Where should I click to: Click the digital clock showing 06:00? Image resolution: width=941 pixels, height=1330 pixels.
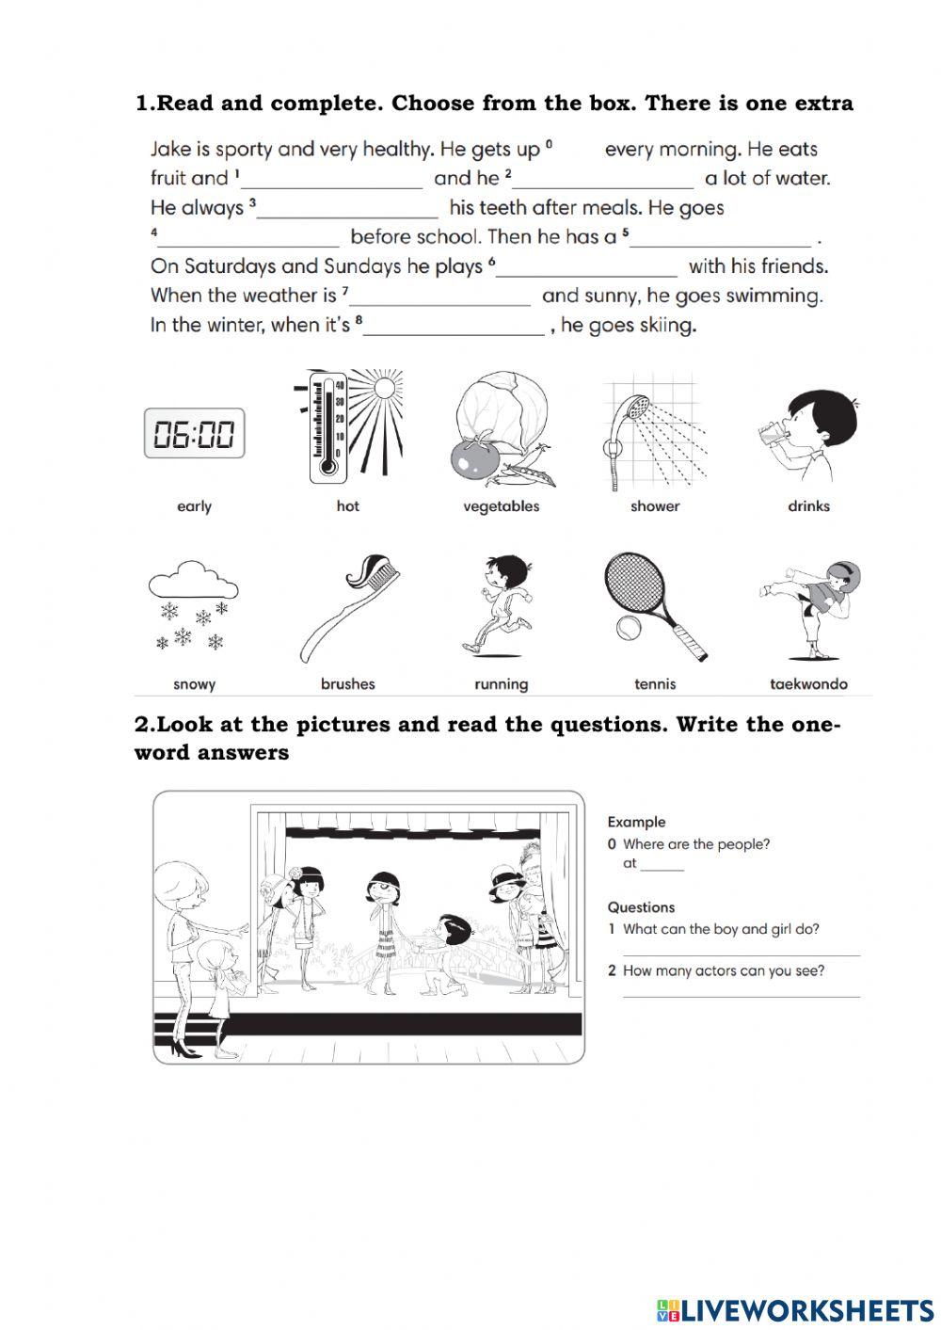194,434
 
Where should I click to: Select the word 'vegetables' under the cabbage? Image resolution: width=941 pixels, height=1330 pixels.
501,506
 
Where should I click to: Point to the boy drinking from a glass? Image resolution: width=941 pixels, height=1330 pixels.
810,432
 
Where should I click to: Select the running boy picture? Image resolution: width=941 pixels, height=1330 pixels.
499,606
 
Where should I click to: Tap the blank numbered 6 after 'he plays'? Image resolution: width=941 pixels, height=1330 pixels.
585,268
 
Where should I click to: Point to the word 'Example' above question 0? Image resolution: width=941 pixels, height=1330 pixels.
636,822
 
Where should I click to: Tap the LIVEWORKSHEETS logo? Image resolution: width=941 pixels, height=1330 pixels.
794,1309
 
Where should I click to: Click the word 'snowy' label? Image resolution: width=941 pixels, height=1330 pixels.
194,684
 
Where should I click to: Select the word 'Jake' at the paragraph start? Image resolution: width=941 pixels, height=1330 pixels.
171,150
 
